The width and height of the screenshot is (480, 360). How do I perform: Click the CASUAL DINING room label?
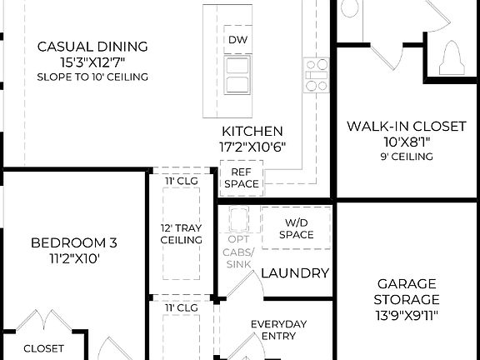[92, 46]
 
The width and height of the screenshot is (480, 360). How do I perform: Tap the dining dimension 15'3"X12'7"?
[92, 62]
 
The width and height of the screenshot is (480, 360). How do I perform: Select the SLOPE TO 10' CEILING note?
[92, 77]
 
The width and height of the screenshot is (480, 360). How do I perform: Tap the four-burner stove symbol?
[317, 75]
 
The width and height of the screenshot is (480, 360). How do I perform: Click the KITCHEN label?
[252, 131]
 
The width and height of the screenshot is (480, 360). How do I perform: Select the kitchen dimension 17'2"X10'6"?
[252, 147]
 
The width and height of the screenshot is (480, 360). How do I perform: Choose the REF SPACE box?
[241, 177]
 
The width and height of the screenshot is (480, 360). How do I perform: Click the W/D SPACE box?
[296, 228]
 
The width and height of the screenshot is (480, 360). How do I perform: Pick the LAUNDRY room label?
[295, 273]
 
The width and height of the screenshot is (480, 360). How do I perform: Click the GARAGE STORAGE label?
[407, 291]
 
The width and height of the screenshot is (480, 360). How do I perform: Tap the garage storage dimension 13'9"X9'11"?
[407, 315]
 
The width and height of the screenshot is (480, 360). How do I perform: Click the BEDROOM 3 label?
[74, 242]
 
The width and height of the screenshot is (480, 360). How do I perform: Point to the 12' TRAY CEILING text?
[181, 233]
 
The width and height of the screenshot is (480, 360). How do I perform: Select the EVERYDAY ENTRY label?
[279, 329]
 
